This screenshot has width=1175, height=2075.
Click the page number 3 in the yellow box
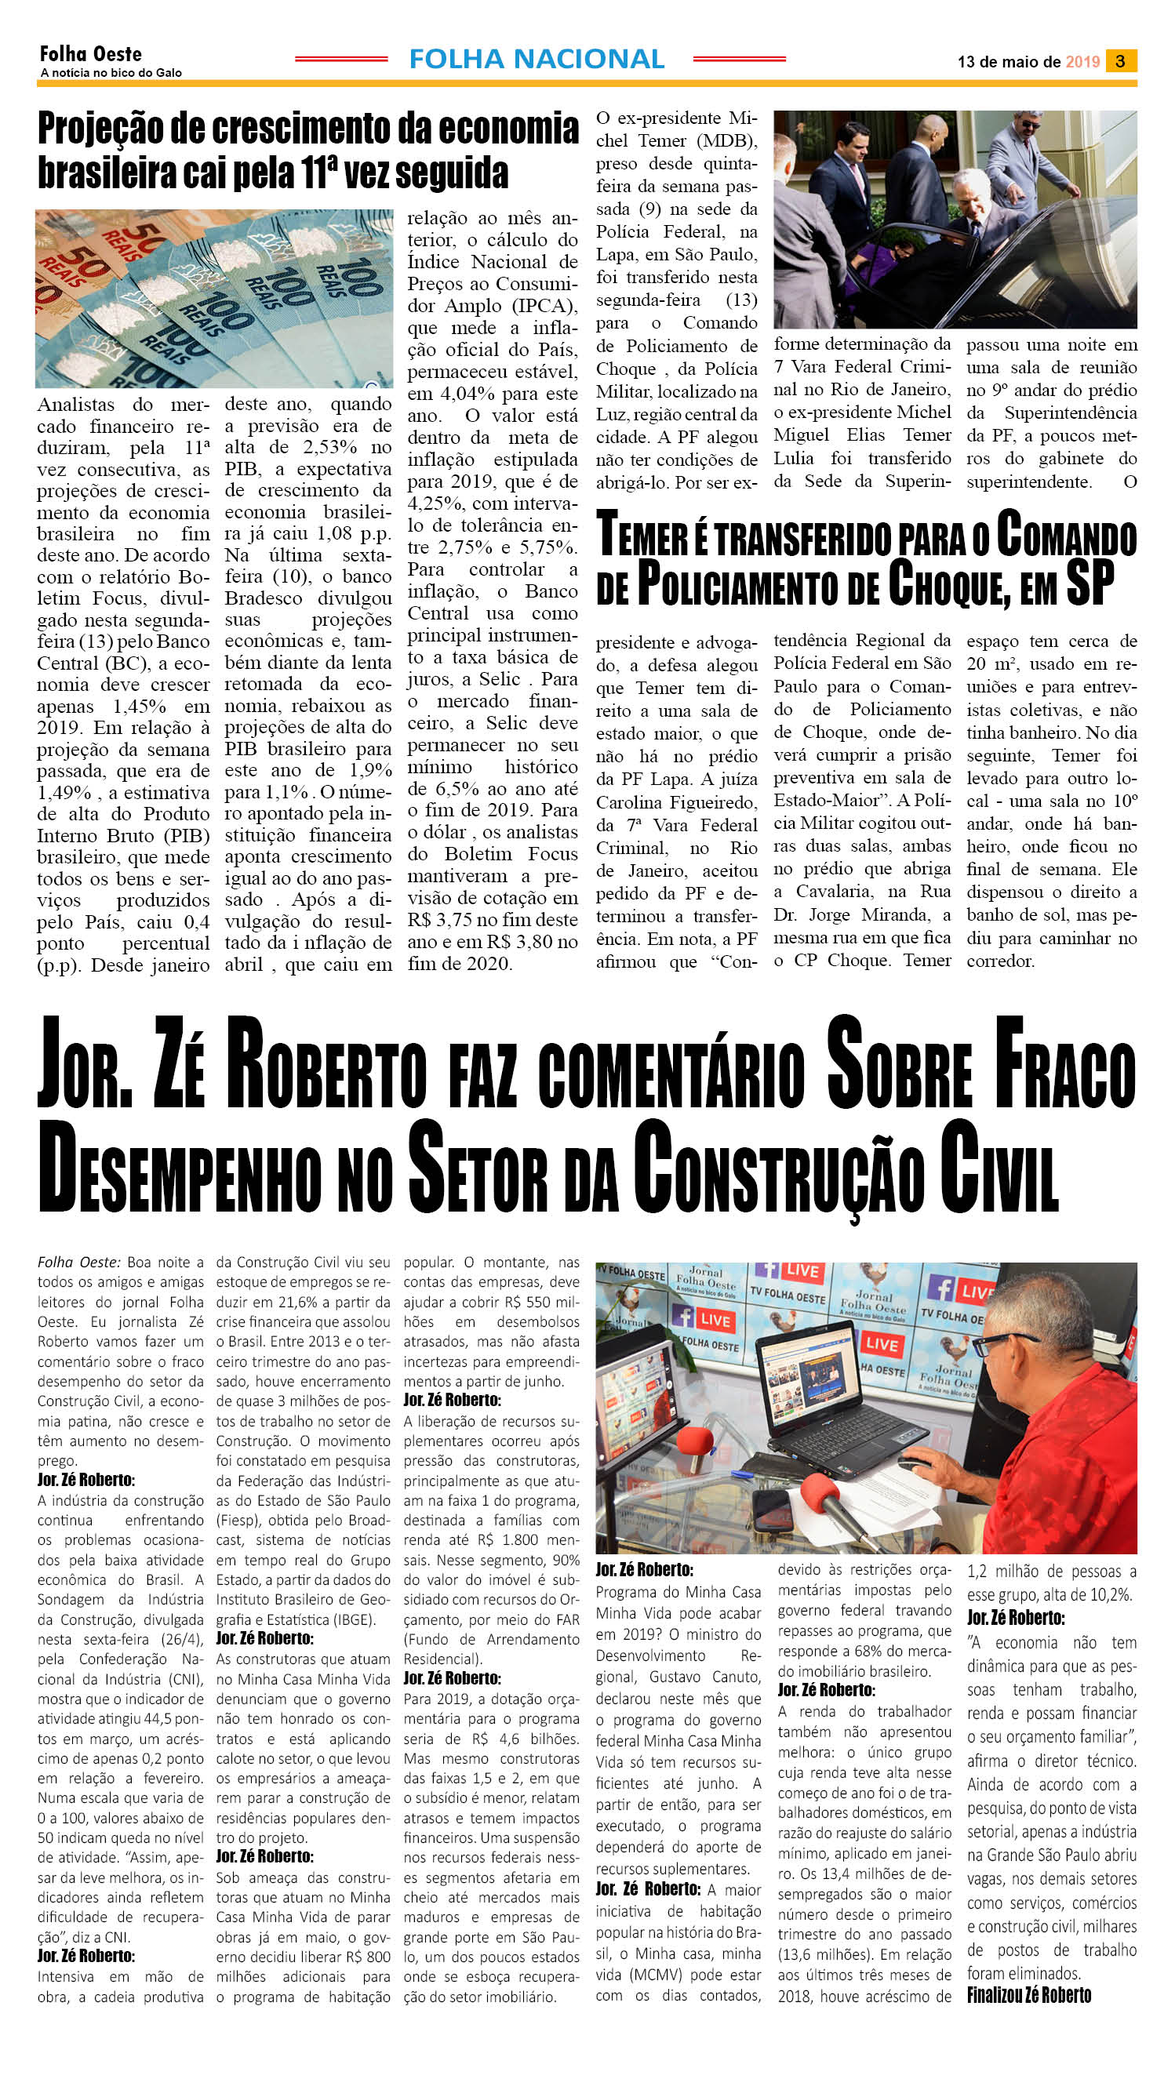click(x=1120, y=61)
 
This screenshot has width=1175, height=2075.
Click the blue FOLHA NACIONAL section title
click(x=537, y=59)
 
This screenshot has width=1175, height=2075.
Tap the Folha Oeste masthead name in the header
click(x=90, y=54)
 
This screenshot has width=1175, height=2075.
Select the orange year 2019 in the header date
click(x=1082, y=62)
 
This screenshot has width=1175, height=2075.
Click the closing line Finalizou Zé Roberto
click(x=1029, y=1994)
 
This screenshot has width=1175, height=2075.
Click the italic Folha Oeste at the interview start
click(x=79, y=1262)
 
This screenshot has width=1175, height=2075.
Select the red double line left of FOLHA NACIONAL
click(x=341, y=59)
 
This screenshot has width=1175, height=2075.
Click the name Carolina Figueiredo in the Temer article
click(x=676, y=802)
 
